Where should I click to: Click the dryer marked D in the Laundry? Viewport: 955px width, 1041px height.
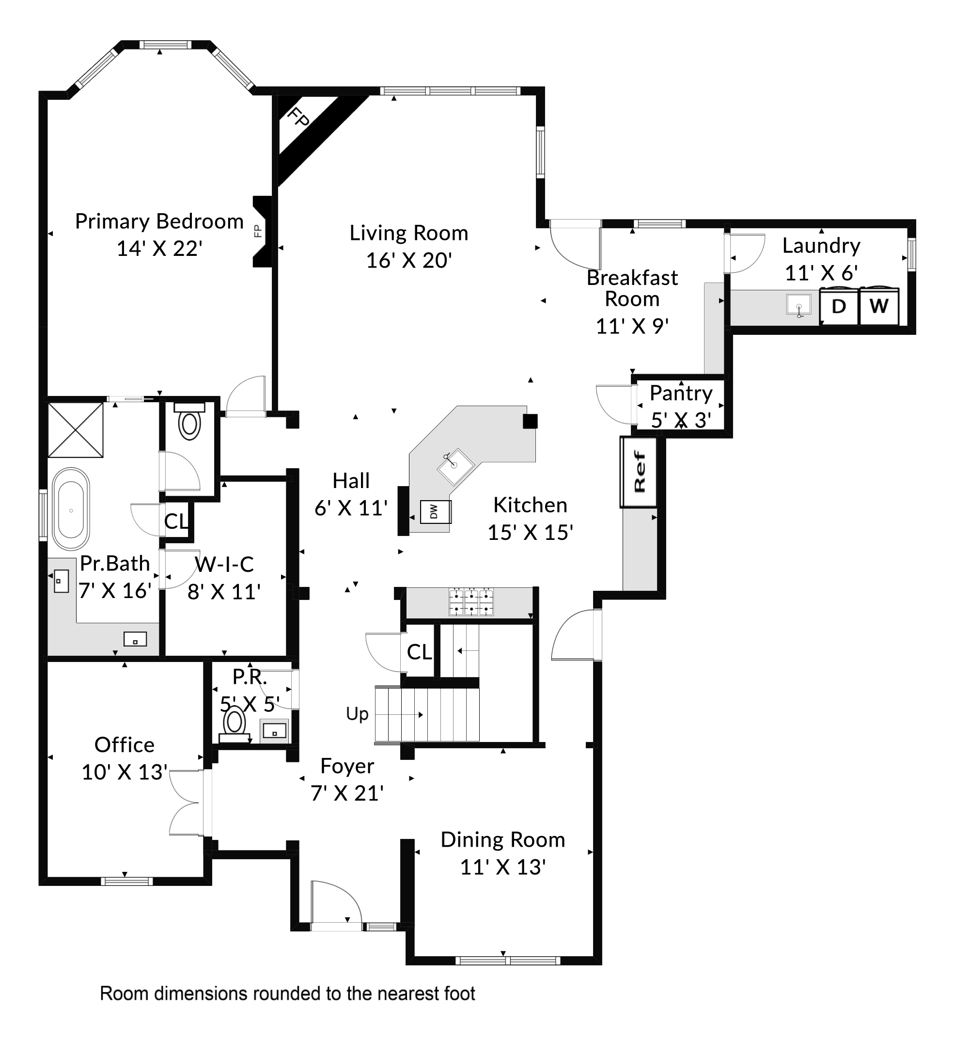[x=839, y=306]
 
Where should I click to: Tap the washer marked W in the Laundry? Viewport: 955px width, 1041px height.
[x=878, y=306]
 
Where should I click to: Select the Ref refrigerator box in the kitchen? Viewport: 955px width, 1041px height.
[x=639, y=472]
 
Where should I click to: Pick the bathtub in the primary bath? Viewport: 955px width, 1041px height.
[x=71, y=509]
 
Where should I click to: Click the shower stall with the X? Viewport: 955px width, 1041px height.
[x=76, y=430]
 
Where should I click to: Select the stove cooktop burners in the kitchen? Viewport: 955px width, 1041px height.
[x=471, y=602]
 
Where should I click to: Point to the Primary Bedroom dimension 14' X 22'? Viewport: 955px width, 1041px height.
[x=159, y=249]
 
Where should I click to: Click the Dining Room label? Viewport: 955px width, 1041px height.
[x=502, y=840]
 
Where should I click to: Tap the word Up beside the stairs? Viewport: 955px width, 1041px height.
[x=357, y=714]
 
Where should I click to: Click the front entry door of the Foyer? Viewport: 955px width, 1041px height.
[x=336, y=905]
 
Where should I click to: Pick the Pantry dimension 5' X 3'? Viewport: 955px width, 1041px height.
[x=681, y=420]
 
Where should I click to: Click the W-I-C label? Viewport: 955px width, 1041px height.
[x=224, y=565]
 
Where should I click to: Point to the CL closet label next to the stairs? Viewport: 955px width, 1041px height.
[x=419, y=652]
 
